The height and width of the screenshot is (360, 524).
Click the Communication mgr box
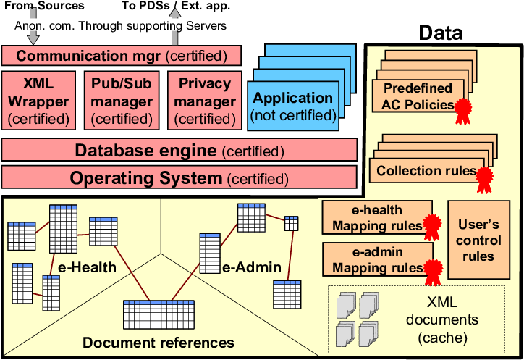point(121,56)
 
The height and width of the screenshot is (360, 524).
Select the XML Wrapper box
point(38,101)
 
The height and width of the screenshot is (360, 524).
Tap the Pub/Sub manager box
point(122,101)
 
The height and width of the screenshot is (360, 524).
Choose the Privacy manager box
point(205,101)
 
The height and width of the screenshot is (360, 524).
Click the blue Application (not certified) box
point(292,106)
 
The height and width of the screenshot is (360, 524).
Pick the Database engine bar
point(179,151)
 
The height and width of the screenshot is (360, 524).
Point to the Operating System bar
point(179,178)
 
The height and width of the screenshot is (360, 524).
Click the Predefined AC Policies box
point(415,96)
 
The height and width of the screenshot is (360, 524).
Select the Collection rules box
point(423,171)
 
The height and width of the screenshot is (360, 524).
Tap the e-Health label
point(88,268)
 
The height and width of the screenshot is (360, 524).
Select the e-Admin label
point(251,268)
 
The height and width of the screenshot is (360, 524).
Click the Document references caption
point(159,343)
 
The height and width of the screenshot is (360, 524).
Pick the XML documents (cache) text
point(441,319)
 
